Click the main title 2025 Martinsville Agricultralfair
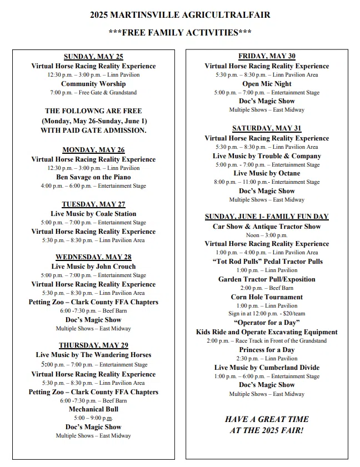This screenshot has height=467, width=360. coord(180,15)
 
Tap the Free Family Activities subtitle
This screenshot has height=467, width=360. coord(180,33)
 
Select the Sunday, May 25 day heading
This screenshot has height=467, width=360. coord(93,57)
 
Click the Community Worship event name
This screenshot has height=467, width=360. coord(93,84)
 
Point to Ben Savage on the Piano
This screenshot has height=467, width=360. coord(93,177)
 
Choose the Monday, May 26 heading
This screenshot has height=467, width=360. coord(93,150)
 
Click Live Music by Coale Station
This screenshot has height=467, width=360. coord(93,214)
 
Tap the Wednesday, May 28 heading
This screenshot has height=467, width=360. coord(93,257)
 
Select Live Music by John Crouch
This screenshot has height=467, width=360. coord(93,267)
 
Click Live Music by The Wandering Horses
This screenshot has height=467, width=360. coord(93,355)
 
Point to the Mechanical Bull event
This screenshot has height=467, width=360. coord(93,409)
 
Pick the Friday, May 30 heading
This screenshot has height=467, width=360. coord(267,56)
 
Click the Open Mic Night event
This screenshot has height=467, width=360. coord(267,84)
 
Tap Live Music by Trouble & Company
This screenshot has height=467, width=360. coord(267,156)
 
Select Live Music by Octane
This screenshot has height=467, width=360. coord(267,173)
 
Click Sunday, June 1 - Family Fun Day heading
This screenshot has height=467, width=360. coord(267,217)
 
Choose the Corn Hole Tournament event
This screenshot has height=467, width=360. coord(267,297)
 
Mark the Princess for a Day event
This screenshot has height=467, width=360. coord(267,350)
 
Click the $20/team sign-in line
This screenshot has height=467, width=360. coord(267,314)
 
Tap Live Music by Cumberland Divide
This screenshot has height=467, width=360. coord(267,368)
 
